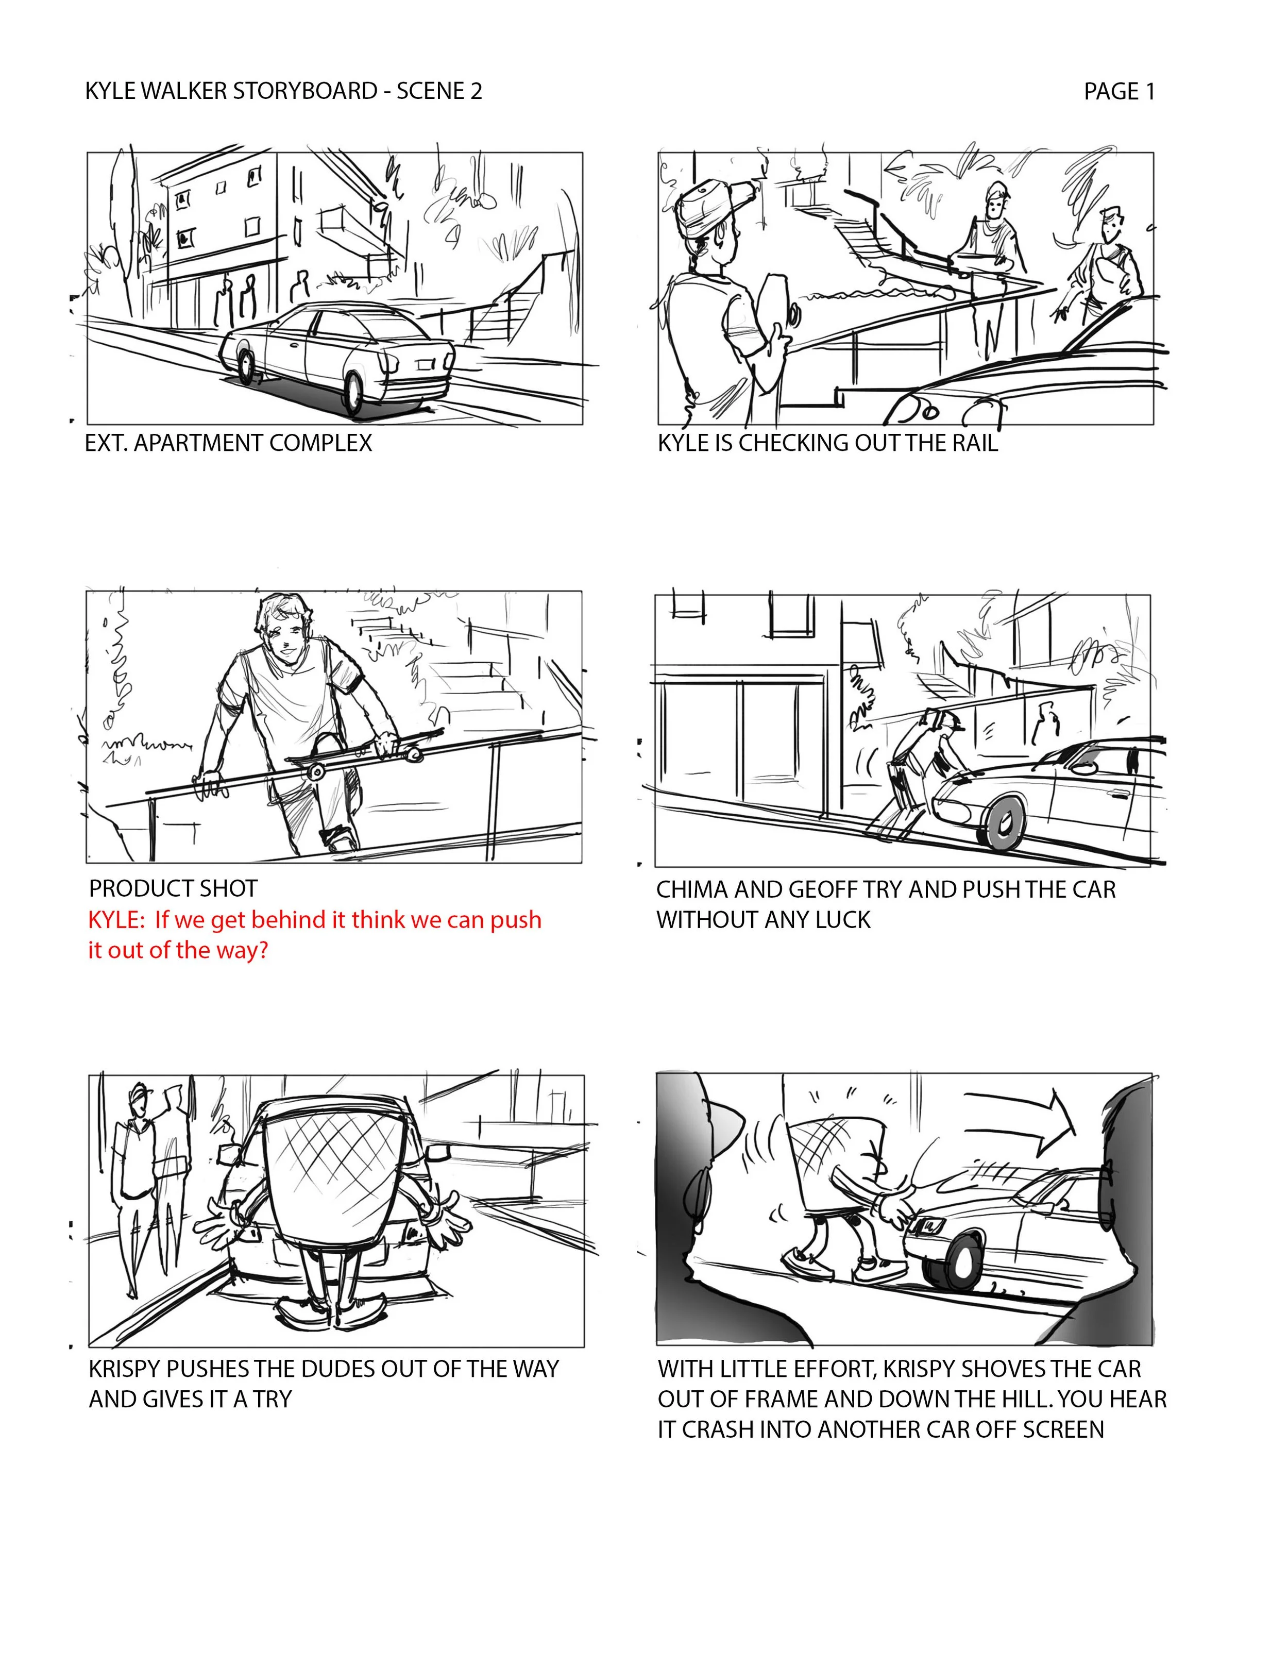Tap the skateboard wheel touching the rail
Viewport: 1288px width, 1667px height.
click(314, 772)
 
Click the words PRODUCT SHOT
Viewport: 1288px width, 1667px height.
click(173, 888)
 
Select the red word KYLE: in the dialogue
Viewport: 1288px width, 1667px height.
click(116, 920)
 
